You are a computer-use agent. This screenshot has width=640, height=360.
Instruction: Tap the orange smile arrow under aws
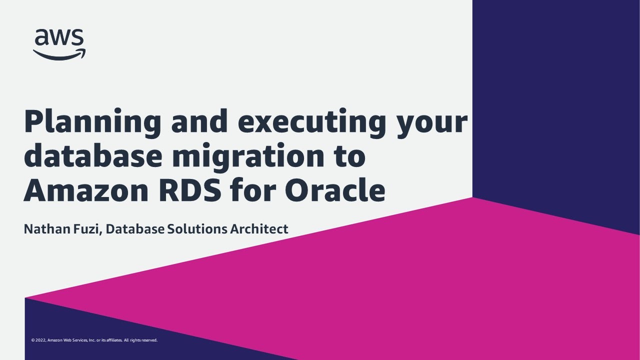pyautogui.click(x=59, y=54)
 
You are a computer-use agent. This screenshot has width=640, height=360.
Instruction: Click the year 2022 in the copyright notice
pyautogui.click(x=40, y=340)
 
